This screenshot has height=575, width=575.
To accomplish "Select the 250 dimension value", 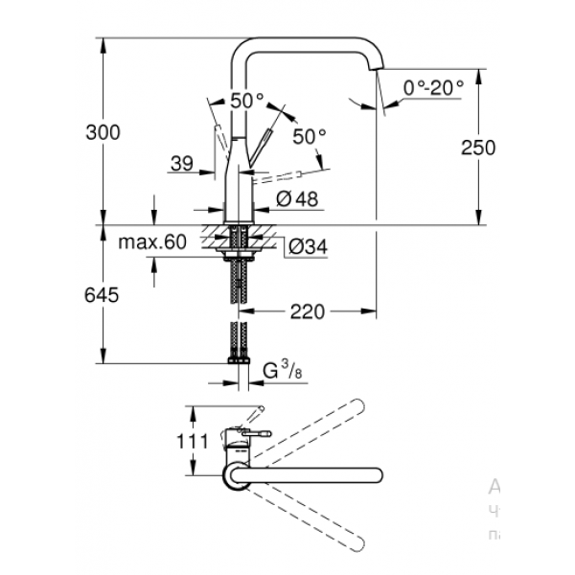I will pyautogui.click(x=477, y=148).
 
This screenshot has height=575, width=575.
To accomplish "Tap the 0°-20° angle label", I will pyautogui.click(x=433, y=87).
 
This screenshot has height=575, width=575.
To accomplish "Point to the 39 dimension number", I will pyautogui.click(x=182, y=165).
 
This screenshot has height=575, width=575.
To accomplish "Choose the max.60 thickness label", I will pyautogui.click(x=151, y=242).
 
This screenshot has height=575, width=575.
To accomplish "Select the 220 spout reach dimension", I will pyautogui.click(x=306, y=310).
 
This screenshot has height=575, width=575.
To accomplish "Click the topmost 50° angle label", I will pyautogui.click(x=246, y=99).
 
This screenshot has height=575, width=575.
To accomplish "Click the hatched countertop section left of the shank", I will pyautogui.click(x=213, y=232).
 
